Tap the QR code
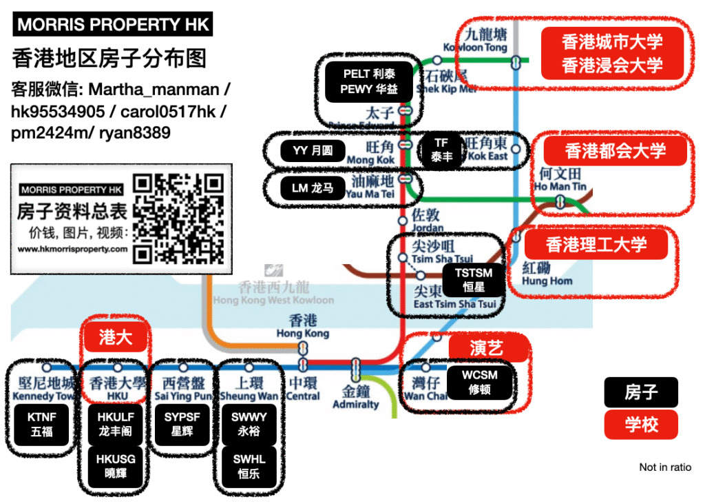coord(178,219)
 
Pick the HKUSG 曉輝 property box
coord(116,467)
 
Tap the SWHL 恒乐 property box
coord(249,467)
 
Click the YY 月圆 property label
coord(312,151)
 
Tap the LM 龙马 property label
coord(312,188)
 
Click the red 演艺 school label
coord(487,348)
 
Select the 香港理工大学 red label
coord(596,244)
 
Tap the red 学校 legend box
coord(641,425)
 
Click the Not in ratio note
coord(665,467)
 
